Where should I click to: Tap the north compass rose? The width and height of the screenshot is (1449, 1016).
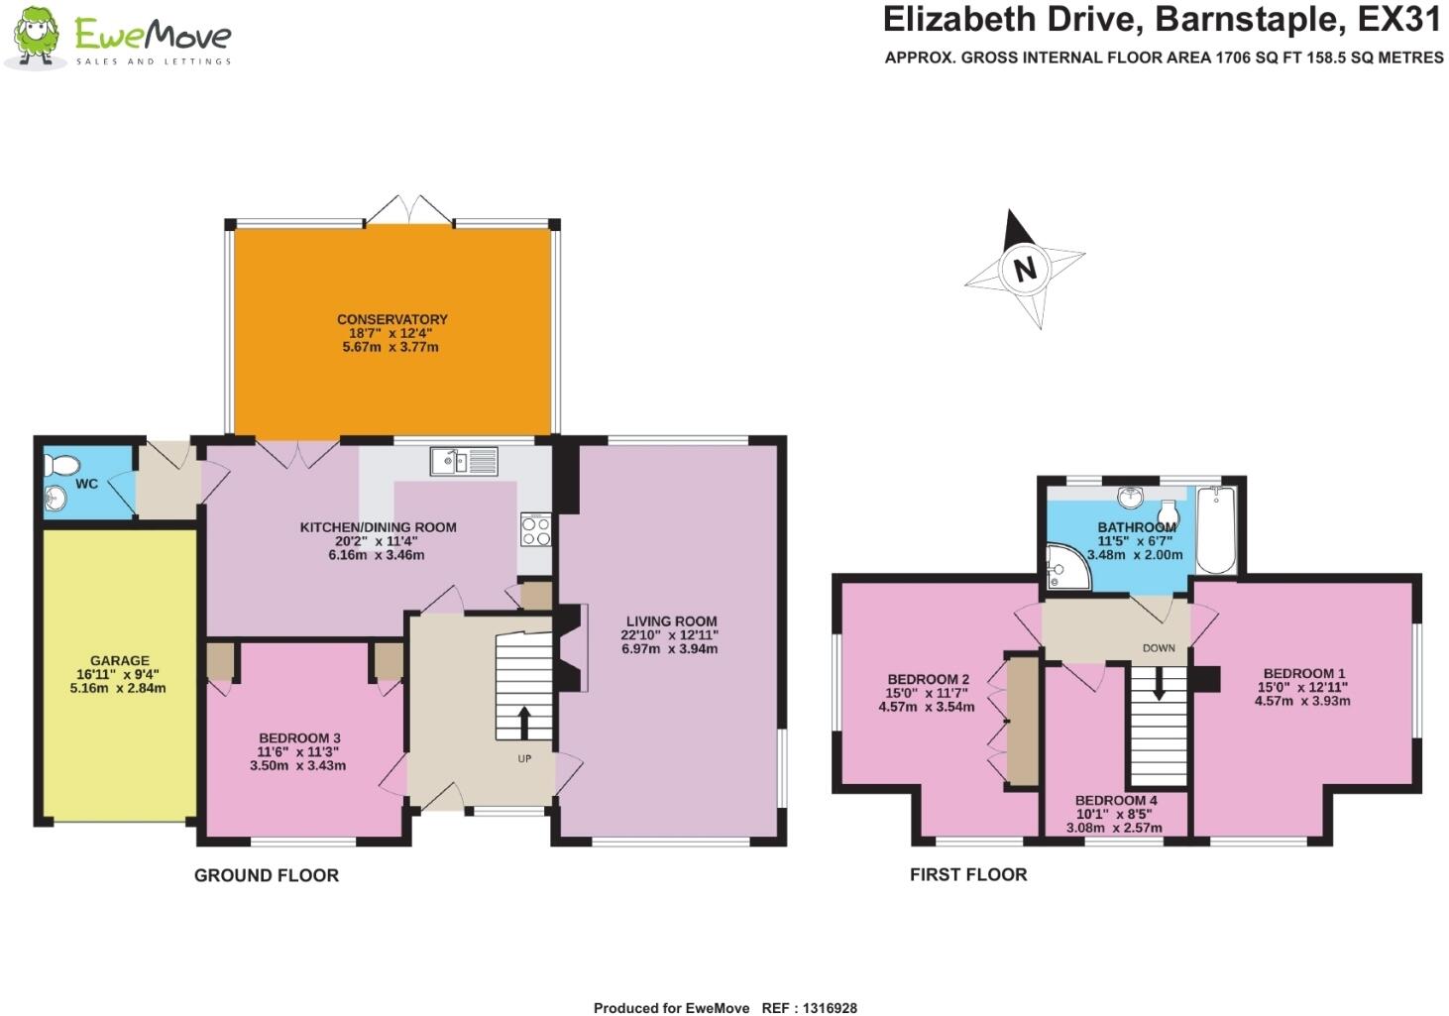pyautogui.click(x=1025, y=269)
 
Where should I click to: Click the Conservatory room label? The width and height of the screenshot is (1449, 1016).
pyautogui.click(x=391, y=319)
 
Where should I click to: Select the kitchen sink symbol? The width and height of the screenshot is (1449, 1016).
pyautogui.click(x=464, y=461)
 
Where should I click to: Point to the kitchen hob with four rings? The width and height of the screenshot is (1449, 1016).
pyautogui.click(x=535, y=529)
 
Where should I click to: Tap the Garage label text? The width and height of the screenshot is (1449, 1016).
pyautogui.click(x=119, y=660)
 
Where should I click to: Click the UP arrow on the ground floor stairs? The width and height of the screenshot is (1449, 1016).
pyautogui.click(x=524, y=721)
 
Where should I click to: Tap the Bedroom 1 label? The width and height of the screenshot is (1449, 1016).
pyautogui.click(x=1303, y=673)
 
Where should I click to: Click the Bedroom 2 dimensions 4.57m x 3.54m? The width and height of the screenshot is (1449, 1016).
pyautogui.click(x=926, y=707)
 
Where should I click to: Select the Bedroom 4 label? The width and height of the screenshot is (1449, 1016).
pyautogui.click(x=1115, y=800)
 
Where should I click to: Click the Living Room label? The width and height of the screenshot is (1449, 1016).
pyautogui.click(x=670, y=621)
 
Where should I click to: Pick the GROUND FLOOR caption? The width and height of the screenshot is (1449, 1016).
pyautogui.click(x=266, y=875)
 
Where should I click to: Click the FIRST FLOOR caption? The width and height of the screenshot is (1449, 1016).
pyautogui.click(x=967, y=874)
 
